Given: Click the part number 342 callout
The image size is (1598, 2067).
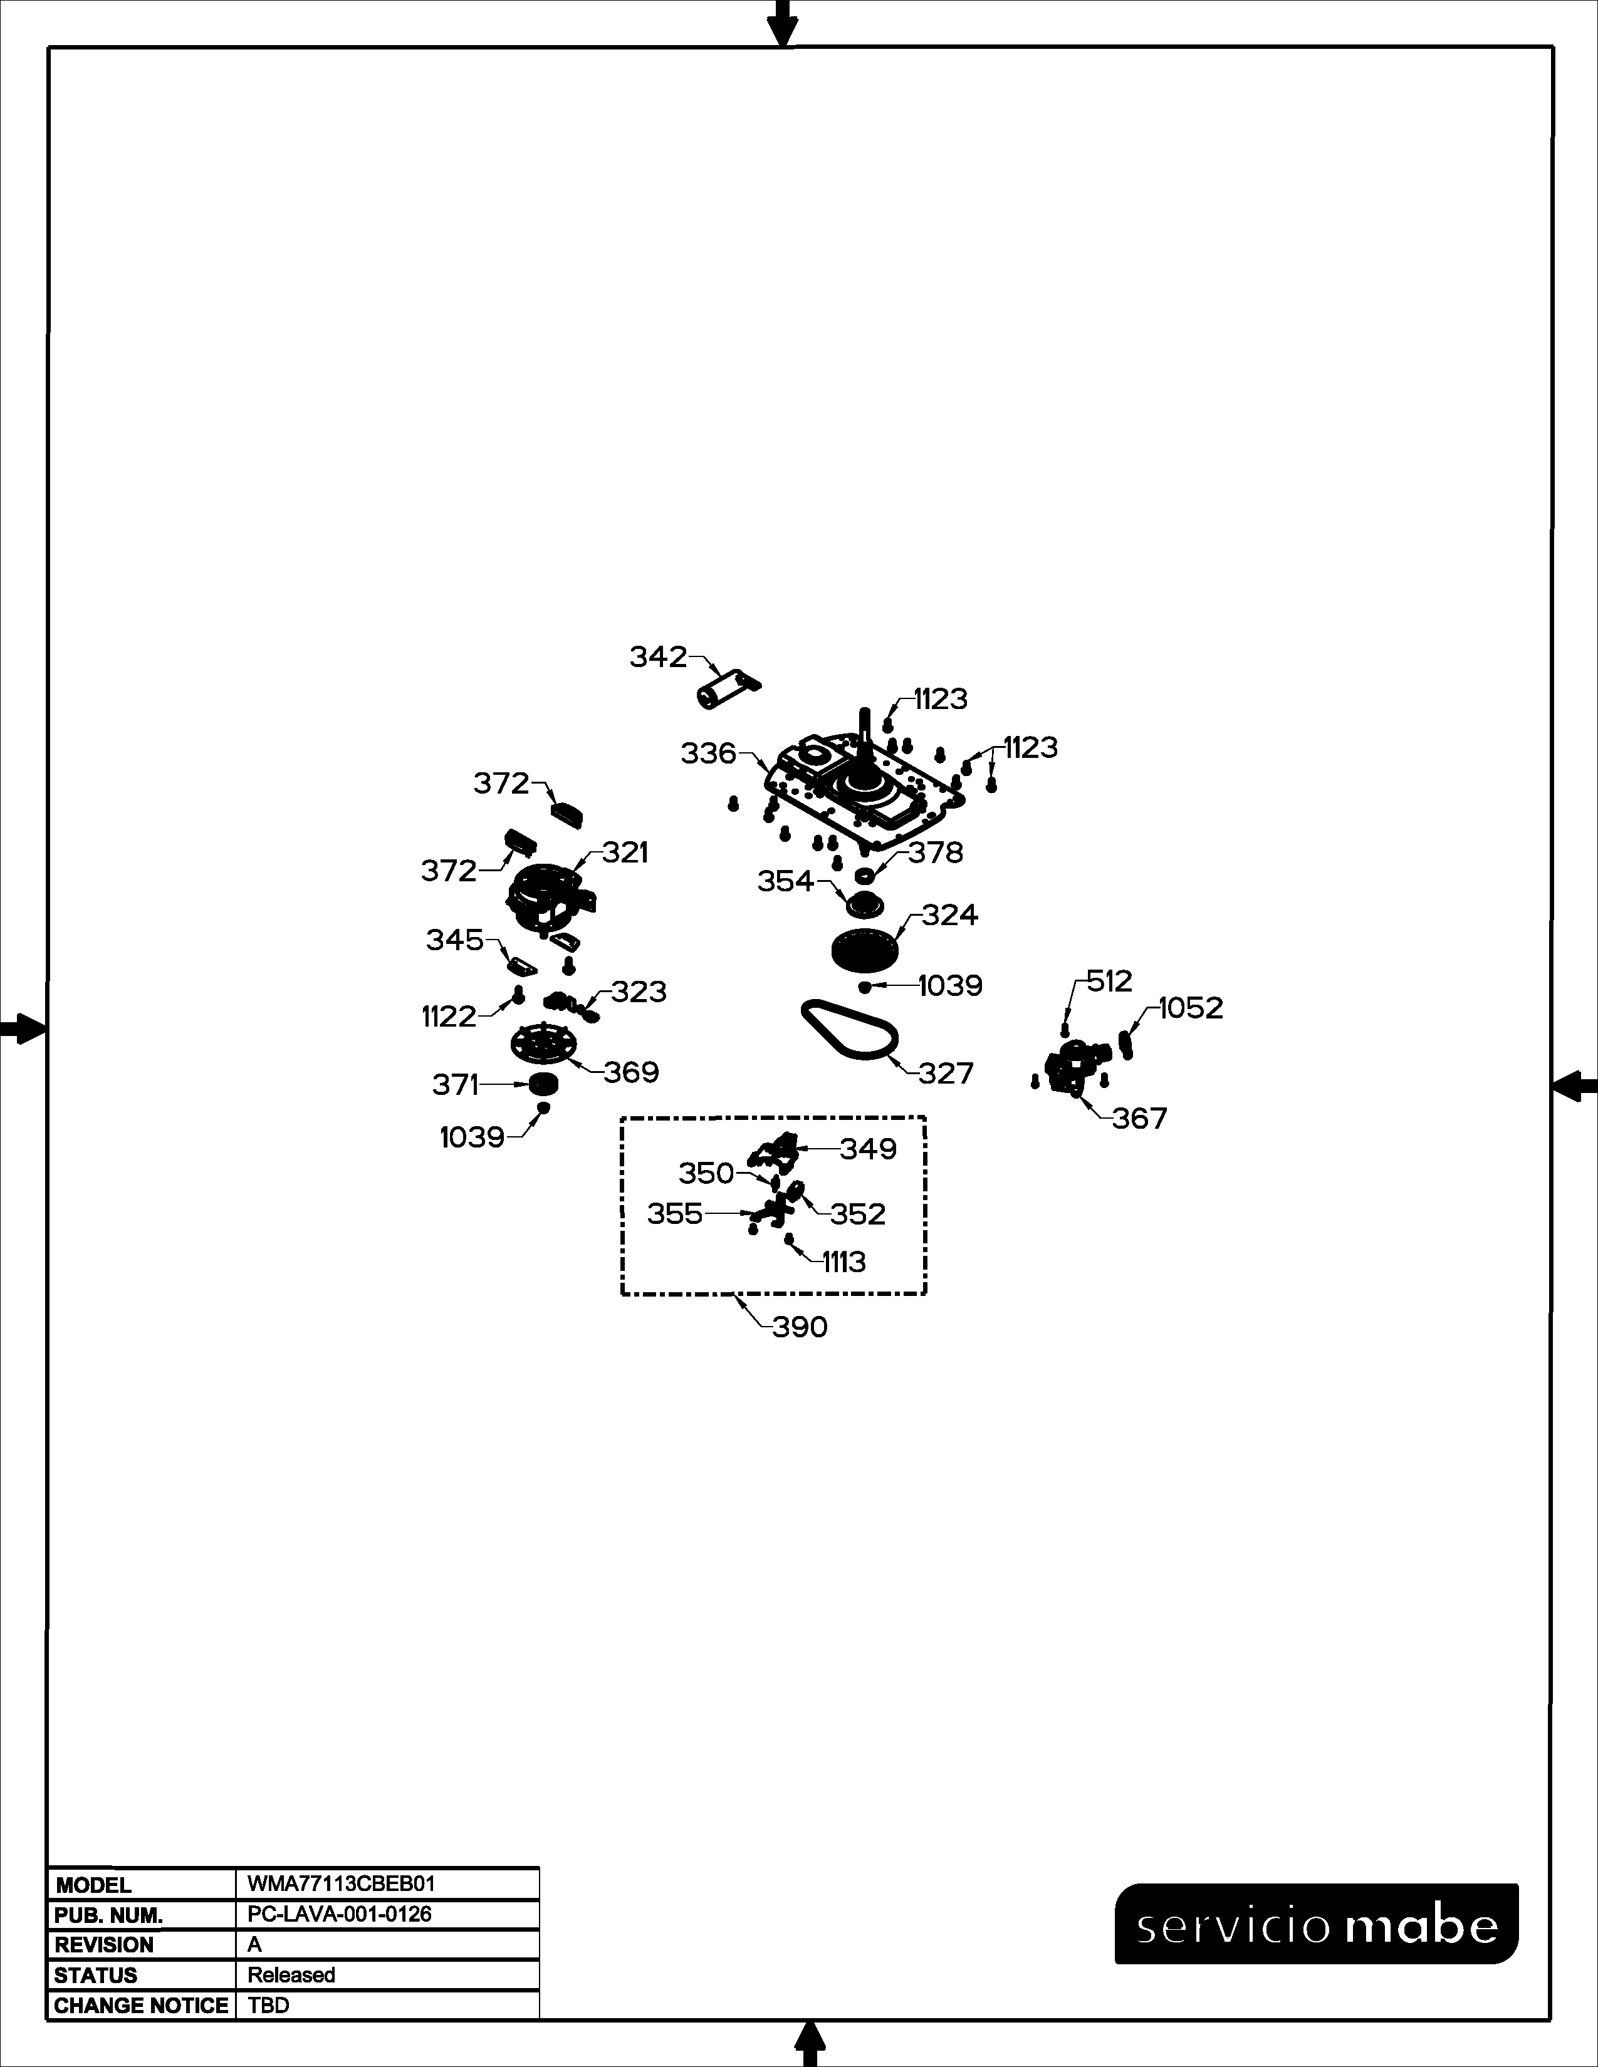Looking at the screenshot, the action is (x=658, y=657).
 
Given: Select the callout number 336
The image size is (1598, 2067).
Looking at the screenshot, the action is (x=708, y=754).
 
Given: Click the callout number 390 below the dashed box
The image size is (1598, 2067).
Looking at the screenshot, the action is (x=800, y=1327).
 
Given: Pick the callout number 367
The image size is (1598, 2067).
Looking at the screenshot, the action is (x=1140, y=1119).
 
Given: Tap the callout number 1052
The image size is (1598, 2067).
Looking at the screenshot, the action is (x=1191, y=1008).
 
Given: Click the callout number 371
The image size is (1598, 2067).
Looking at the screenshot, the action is (x=456, y=1085).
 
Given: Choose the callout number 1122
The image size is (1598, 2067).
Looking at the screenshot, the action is (x=449, y=1017).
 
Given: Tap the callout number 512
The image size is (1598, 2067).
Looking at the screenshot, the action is (x=1109, y=982).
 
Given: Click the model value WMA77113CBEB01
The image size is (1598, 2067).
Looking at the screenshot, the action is (x=341, y=1883).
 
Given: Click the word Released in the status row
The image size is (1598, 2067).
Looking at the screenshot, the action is (x=291, y=1975).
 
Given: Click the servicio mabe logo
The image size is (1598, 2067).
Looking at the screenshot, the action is (x=1316, y=1923).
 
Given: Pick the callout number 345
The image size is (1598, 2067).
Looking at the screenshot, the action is (x=454, y=940).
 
